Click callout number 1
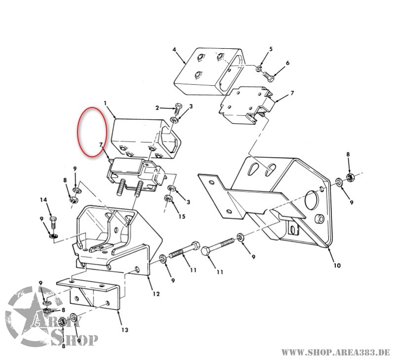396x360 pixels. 105,103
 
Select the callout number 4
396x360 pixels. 174,50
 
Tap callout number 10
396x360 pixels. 337,266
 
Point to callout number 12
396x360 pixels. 156,294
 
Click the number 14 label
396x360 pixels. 43,200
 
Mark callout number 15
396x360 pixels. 182,217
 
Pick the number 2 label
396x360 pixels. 157,108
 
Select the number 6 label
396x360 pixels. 288,63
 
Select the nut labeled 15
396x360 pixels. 168,199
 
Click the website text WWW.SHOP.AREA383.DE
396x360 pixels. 335,352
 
